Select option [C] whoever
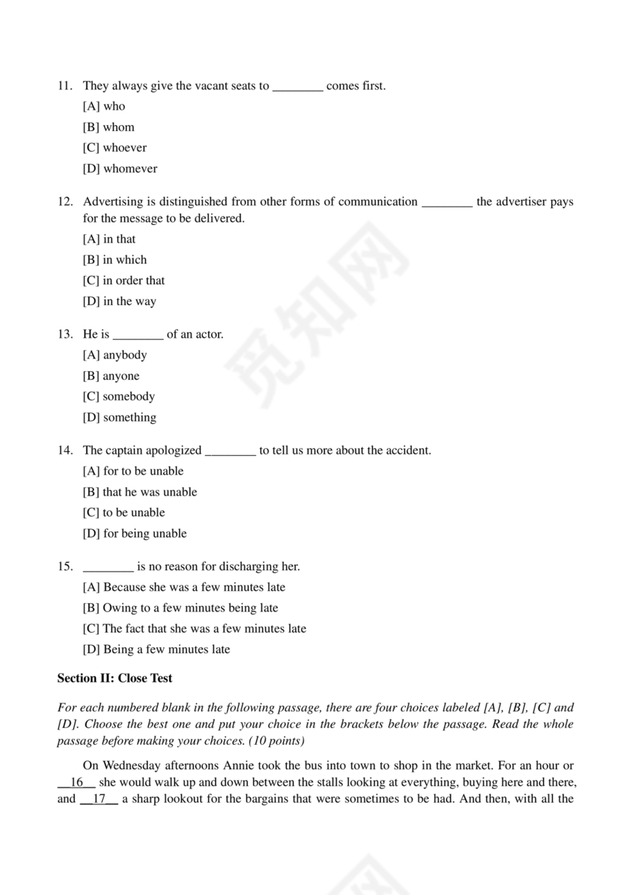point(114,148)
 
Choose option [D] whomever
point(120,168)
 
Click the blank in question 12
point(447,202)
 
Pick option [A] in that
point(109,239)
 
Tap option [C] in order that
point(124,281)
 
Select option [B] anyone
point(111,376)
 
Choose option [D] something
point(119,417)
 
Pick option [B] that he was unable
point(140,492)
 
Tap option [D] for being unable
point(134,534)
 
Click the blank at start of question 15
point(108,566)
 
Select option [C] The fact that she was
point(194,629)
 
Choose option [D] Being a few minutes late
point(156,650)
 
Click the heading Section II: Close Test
point(115,678)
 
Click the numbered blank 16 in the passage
point(76,782)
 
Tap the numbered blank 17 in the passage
point(98,799)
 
